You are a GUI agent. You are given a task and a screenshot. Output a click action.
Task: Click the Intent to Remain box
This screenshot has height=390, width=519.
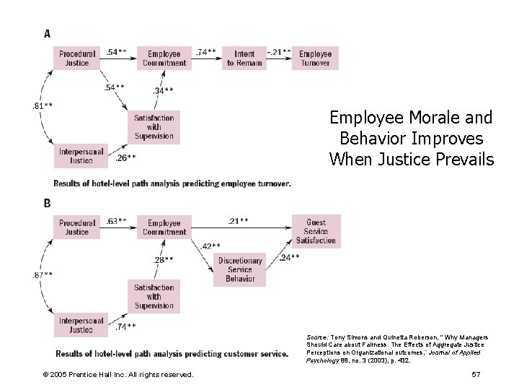click(244, 58)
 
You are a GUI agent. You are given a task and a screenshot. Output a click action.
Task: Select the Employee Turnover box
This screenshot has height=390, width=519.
click(315, 58)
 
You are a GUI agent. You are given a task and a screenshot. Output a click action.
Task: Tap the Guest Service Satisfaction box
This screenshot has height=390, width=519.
click(316, 232)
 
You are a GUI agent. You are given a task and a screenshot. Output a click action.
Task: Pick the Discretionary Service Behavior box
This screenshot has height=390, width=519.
click(240, 269)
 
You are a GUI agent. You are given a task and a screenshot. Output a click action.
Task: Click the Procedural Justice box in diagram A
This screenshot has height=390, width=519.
click(78, 58)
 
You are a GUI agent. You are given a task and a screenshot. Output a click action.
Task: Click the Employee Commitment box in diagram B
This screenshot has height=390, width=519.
click(164, 227)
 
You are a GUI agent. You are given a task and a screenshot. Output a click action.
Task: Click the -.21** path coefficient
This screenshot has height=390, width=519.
click(279, 52)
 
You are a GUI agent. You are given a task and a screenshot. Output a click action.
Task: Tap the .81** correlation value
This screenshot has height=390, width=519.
click(42, 106)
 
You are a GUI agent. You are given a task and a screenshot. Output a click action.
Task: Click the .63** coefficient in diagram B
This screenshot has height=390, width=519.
click(117, 220)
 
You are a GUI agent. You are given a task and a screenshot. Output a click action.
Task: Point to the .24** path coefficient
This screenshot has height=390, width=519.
click(290, 257)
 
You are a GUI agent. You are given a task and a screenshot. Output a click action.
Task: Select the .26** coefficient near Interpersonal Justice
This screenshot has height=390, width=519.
click(126, 157)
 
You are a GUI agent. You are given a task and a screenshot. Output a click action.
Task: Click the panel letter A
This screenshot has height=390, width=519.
click(48, 32)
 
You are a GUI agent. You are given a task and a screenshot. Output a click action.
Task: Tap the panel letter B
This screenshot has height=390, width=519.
click(48, 203)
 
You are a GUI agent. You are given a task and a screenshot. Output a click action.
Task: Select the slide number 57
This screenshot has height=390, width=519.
click(475, 374)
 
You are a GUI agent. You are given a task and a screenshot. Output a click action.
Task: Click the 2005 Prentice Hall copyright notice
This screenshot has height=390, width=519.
click(117, 374)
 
